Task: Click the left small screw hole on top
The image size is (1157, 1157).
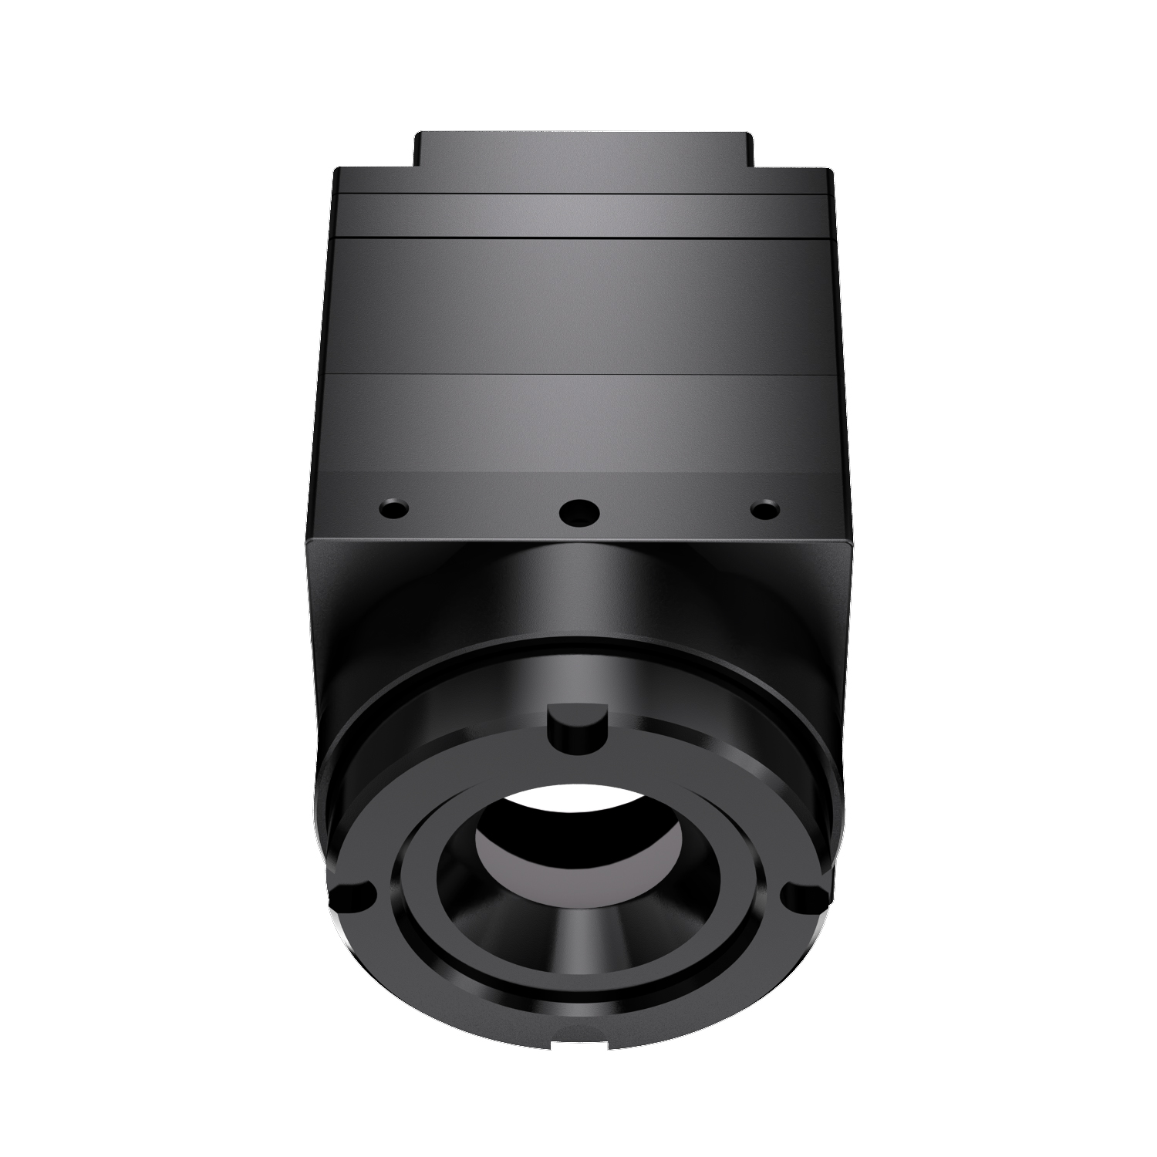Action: (x=394, y=509)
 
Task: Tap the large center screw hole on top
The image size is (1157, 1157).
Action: (x=578, y=511)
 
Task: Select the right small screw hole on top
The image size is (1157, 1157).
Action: (x=764, y=509)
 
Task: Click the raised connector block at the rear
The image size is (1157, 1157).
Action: (x=582, y=150)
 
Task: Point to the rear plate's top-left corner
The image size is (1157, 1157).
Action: (x=337, y=171)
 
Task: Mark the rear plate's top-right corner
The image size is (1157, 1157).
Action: (x=830, y=171)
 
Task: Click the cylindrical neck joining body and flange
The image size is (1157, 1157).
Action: (x=578, y=594)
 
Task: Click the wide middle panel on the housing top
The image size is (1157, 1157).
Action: (x=578, y=309)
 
